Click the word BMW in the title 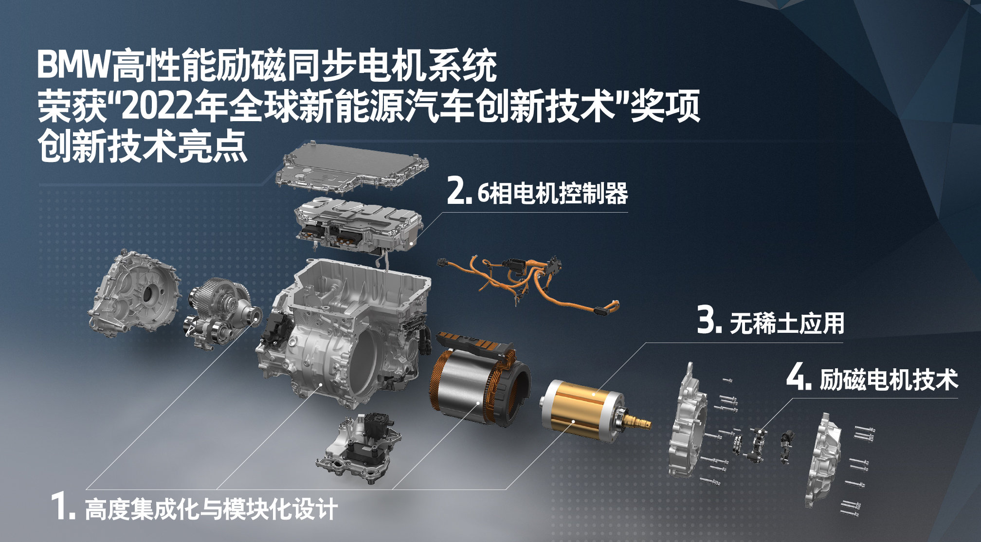74,65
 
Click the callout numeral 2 458,192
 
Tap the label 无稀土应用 787,323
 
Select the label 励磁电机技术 889,379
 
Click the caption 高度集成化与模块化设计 211,509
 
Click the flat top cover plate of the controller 351,168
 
